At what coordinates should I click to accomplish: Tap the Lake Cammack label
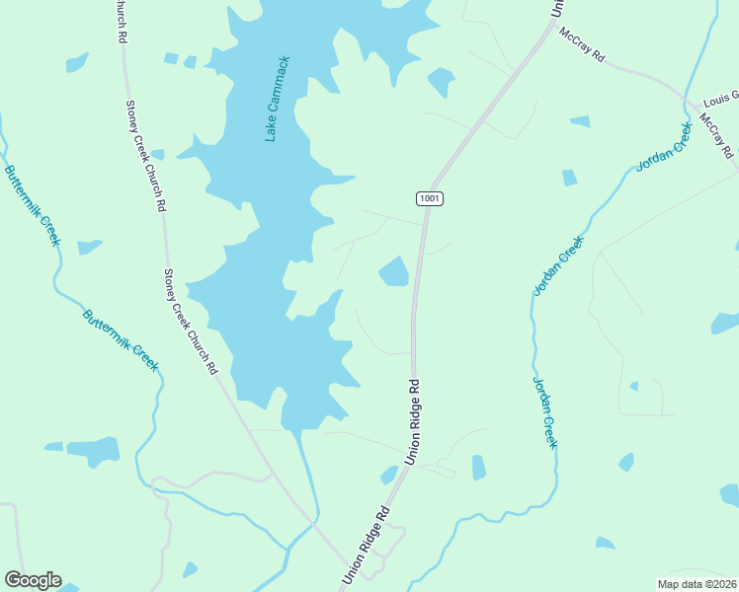[278, 99]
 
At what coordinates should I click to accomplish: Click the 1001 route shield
[429, 198]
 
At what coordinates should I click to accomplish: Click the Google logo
[33, 580]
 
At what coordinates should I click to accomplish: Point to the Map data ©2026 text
[698, 583]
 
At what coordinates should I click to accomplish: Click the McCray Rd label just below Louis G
[717, 136]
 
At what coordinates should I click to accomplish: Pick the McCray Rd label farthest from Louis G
[581, 45]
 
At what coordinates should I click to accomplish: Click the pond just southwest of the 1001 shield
[394, 271]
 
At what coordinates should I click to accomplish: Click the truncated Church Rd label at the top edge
[121, 20]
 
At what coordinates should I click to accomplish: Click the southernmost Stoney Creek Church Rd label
[190, 323]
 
